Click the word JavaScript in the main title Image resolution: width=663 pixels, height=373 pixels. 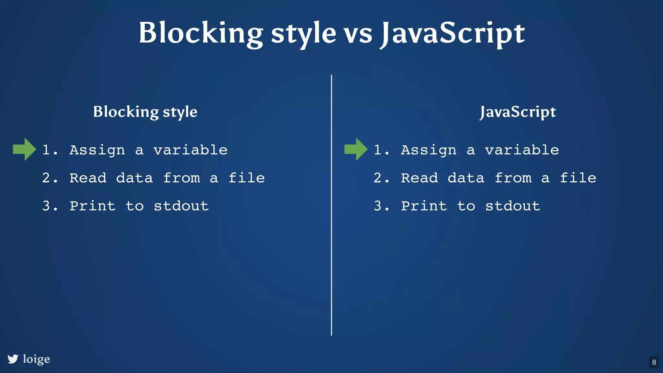point(453,33)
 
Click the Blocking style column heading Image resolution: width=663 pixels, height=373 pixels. point(145,112)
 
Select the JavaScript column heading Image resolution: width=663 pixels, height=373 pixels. point(518,112)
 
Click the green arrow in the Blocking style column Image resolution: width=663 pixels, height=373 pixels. point(24,149)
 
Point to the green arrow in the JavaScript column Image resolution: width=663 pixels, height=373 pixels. point(356,149)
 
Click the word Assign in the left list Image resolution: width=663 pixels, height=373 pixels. point(97,150)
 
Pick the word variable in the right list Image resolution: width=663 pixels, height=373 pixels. point(522,150)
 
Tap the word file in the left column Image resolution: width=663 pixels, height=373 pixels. point(247,178)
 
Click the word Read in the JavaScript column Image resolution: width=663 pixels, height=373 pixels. point(419,178)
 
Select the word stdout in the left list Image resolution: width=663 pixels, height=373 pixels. point(181,206)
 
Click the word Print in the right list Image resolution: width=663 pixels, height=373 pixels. point(424,206)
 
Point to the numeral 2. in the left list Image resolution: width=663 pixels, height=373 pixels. point(50,178)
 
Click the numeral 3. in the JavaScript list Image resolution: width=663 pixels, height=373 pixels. point(381,206)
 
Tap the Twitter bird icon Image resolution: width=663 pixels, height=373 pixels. point(13,359)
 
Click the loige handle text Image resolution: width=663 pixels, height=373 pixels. point(37,359)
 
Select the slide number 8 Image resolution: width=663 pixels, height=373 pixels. point(654,362)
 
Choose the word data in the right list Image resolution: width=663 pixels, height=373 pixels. point(466,178)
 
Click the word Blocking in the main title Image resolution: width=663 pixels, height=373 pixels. point(201,33)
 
